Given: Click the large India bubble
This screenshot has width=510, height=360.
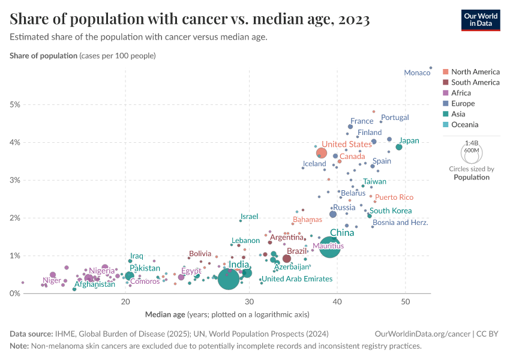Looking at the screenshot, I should pyautogui.click(x=229, y=278).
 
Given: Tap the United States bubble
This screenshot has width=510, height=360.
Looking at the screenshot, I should pyautogui.click(x=322, y=153).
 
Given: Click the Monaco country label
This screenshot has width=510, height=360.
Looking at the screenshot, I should pyautogui.click(x=416, y=73).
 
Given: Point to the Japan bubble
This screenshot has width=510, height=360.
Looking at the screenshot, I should pyautogui.click(x=399, y=147).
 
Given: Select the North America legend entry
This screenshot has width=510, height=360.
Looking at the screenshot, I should pyautogui.click(x=475, y=71).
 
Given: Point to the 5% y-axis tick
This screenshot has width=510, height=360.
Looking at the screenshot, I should pyautogui.click(x=15, y=104).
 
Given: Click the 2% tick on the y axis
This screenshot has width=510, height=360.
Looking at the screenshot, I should pyautogui.click(x=15, y=218).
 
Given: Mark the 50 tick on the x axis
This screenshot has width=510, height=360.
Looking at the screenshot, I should pyautogui.click(x=406, y=301).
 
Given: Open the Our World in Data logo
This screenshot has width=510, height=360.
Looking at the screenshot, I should pyautogui.click(x=481, y=20).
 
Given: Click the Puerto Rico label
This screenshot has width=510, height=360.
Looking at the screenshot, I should pyautogui.click(x=394, y=197).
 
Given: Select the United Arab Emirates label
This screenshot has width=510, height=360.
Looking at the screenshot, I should pyautogui.click(x=297, y=279).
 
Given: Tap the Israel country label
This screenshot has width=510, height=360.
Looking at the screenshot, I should pyautogui.click(x=249, y=217).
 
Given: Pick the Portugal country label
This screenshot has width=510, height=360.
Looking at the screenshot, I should pyautogui.click(x=395, y=118).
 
